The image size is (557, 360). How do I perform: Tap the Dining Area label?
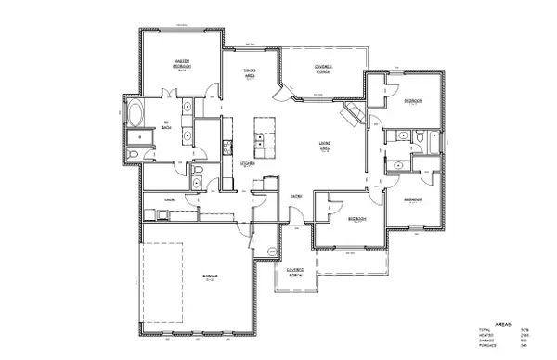pyautogui.click(x=250, y=74)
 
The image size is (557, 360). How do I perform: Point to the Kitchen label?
pyautogui.click(x=248, y=163)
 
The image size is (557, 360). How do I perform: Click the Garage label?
pyautogui.click(x=213, y=277)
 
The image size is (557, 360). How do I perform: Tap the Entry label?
pyautogui.click(x=296, y=196)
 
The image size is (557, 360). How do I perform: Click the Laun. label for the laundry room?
pyautogui.click(x=171, y=199)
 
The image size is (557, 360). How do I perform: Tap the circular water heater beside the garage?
pyautogui.click(x=272, y=251)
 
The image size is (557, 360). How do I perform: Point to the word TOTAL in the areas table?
pyautogui.click(x=485, y=328)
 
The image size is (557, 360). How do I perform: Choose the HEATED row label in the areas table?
pyautogui.click(x=486, y=335)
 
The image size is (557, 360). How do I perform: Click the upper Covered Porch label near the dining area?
pyautogui.click(x=322, y=69)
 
